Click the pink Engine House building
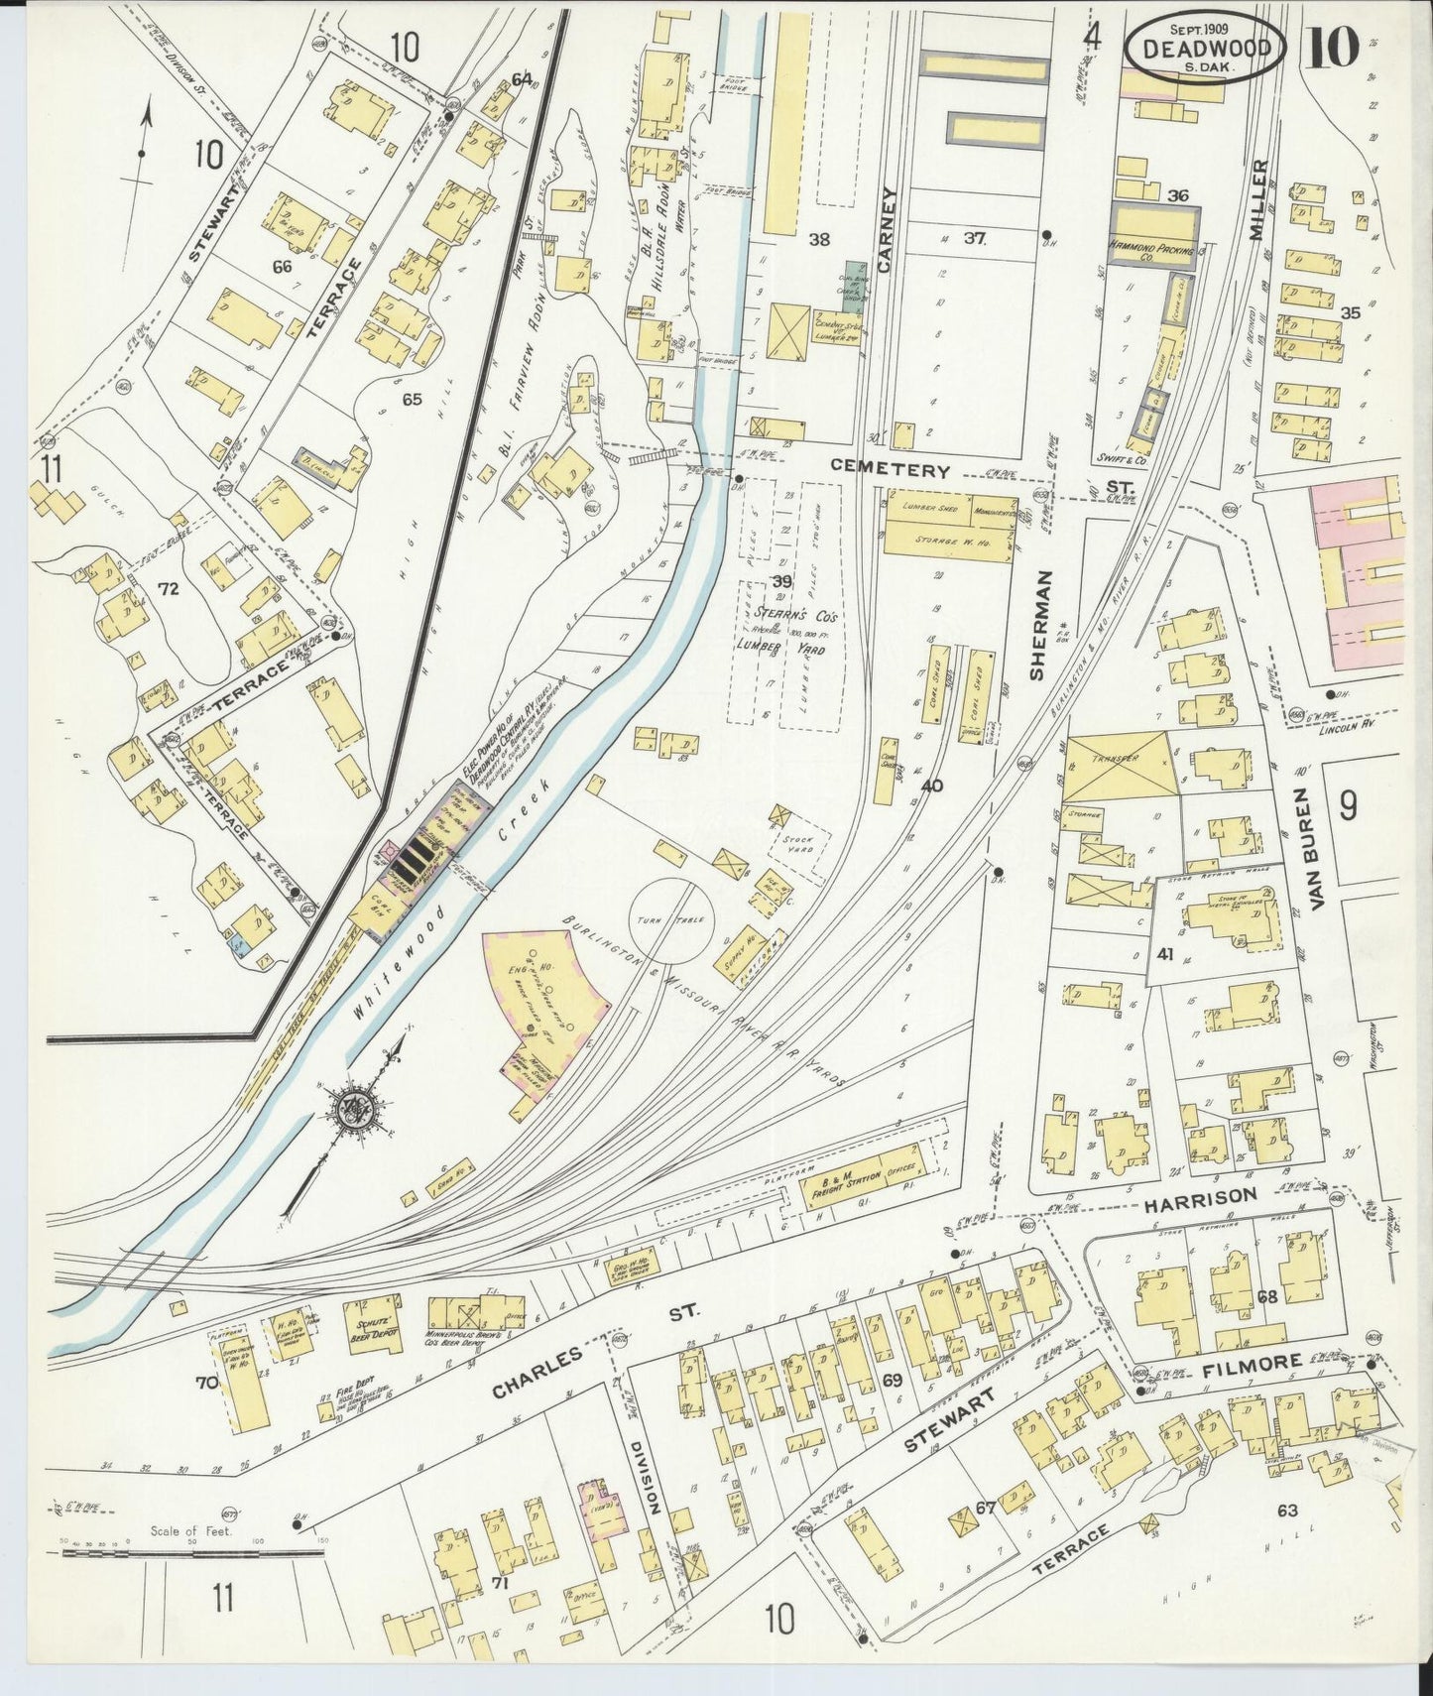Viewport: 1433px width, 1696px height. [x=540, y=1012]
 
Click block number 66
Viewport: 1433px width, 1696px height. [x=282, y=267]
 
